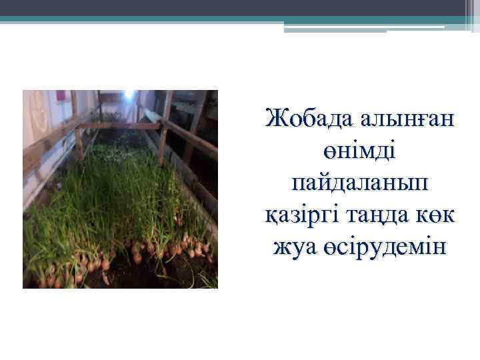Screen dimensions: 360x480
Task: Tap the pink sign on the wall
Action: (x=61, y=95)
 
